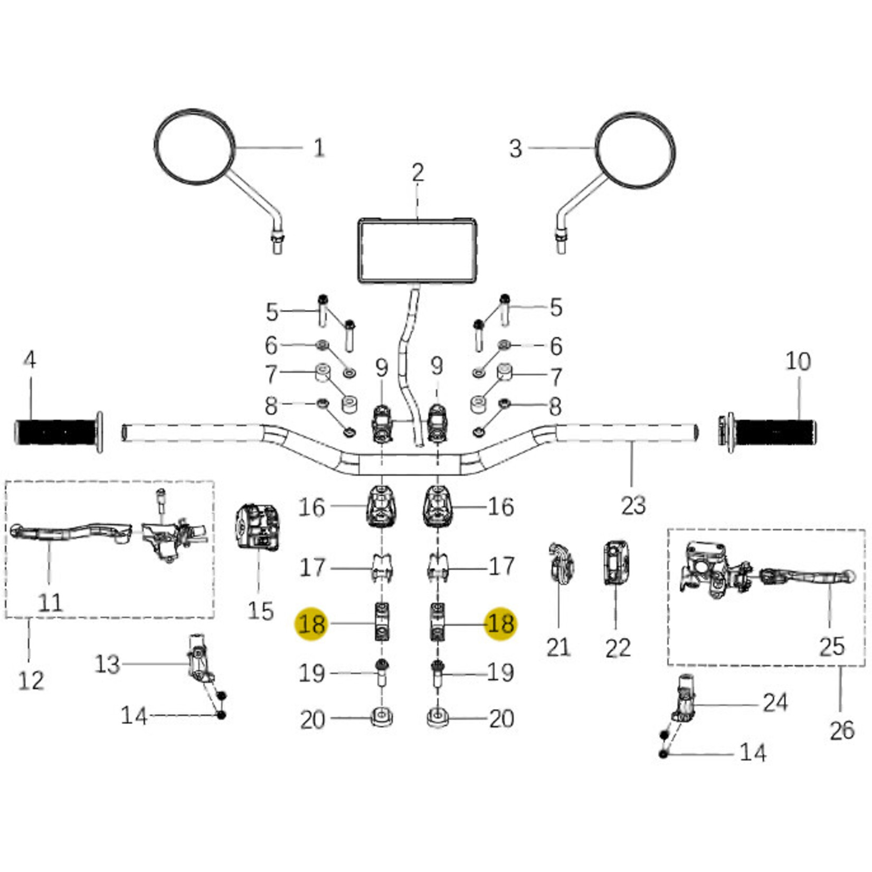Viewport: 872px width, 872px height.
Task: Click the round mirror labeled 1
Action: [194, 147]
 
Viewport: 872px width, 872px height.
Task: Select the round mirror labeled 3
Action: [635, 150]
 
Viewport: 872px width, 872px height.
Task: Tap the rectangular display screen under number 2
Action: [418, 251]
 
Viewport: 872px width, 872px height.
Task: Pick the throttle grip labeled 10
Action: [774, 432]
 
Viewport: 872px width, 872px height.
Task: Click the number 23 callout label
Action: [633, 505]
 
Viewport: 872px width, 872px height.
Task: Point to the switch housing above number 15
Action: [257, 527]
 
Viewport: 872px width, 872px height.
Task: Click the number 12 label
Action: [31, 681]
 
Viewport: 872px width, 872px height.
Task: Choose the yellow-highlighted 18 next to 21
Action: [500, 624]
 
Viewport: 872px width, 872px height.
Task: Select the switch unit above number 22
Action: [615, 563]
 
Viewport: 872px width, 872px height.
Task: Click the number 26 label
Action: [841, 731]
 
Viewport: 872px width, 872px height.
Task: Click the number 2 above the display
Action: [418, 173]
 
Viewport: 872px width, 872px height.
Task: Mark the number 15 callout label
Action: [260, 611]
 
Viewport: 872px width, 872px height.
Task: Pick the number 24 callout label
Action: [775, 703]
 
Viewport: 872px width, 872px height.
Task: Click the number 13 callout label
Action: [107, 664]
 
